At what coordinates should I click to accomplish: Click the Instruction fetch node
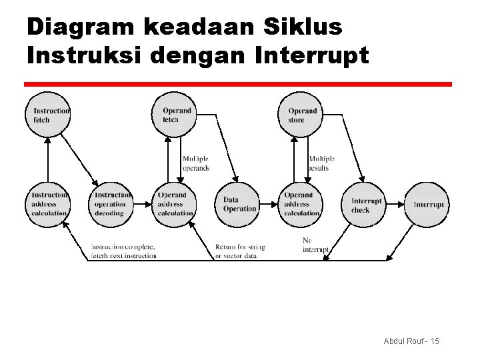(x=48, y=115)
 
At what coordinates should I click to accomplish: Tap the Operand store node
(x=301, y=115)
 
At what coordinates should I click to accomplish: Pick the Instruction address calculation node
(x=48, y=204)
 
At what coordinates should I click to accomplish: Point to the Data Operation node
(x=238, y=204)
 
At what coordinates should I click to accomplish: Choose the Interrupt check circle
(x=365, y=205)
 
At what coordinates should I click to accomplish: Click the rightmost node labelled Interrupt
(x=428, y=205)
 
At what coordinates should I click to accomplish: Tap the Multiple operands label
(x=196, y=163)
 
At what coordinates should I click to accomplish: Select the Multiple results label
(x=322, y=163)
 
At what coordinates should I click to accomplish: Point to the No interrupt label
(x=314, y=245)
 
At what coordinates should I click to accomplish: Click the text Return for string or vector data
(x=240, y=251)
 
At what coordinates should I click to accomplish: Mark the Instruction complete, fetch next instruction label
(x=124, y=251)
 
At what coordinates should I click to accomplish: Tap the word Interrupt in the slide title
(x=311, y=56)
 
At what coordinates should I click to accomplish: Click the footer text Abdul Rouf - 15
(x=411, y=341)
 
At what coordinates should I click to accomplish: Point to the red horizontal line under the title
(x=238, y=85)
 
